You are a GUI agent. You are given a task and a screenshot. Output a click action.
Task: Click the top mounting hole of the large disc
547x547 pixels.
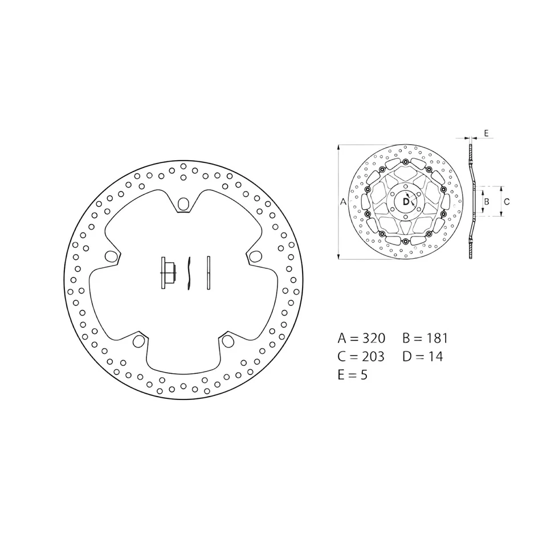point(183,203)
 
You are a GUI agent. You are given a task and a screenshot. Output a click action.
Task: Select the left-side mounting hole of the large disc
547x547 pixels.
point(111,256)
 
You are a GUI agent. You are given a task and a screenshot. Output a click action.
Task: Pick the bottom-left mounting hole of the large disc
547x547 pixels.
point(138,341)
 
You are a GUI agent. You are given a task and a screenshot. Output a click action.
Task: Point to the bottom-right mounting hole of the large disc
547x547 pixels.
point(228,341)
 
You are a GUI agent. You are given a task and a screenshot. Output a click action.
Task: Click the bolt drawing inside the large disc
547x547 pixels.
point(166,273)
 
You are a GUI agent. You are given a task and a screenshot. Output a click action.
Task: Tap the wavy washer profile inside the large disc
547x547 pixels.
point(190,273)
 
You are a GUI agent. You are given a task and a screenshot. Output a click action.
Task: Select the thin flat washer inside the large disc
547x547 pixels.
point(209,273)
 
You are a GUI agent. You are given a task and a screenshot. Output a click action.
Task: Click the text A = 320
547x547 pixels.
point(361,338)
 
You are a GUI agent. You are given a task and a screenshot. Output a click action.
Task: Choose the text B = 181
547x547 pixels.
point(424,338)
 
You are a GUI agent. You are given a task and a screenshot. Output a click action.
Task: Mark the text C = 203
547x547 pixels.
point(361,357)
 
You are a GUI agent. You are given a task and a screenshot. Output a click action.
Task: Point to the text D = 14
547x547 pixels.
point(422,357)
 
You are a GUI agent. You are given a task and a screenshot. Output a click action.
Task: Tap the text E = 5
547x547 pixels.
point(352,375)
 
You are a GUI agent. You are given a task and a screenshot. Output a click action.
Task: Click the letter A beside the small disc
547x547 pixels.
point(343,202)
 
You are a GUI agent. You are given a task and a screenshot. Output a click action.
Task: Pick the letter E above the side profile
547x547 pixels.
point(486,133)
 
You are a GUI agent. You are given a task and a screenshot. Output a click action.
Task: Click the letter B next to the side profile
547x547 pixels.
point(486,201)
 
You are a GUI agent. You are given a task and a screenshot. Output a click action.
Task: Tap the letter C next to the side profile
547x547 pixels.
point(507,201)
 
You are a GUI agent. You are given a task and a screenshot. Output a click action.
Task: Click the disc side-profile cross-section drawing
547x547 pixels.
point(471,202)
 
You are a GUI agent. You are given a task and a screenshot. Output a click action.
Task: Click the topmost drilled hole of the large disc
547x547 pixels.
point(183,166)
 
